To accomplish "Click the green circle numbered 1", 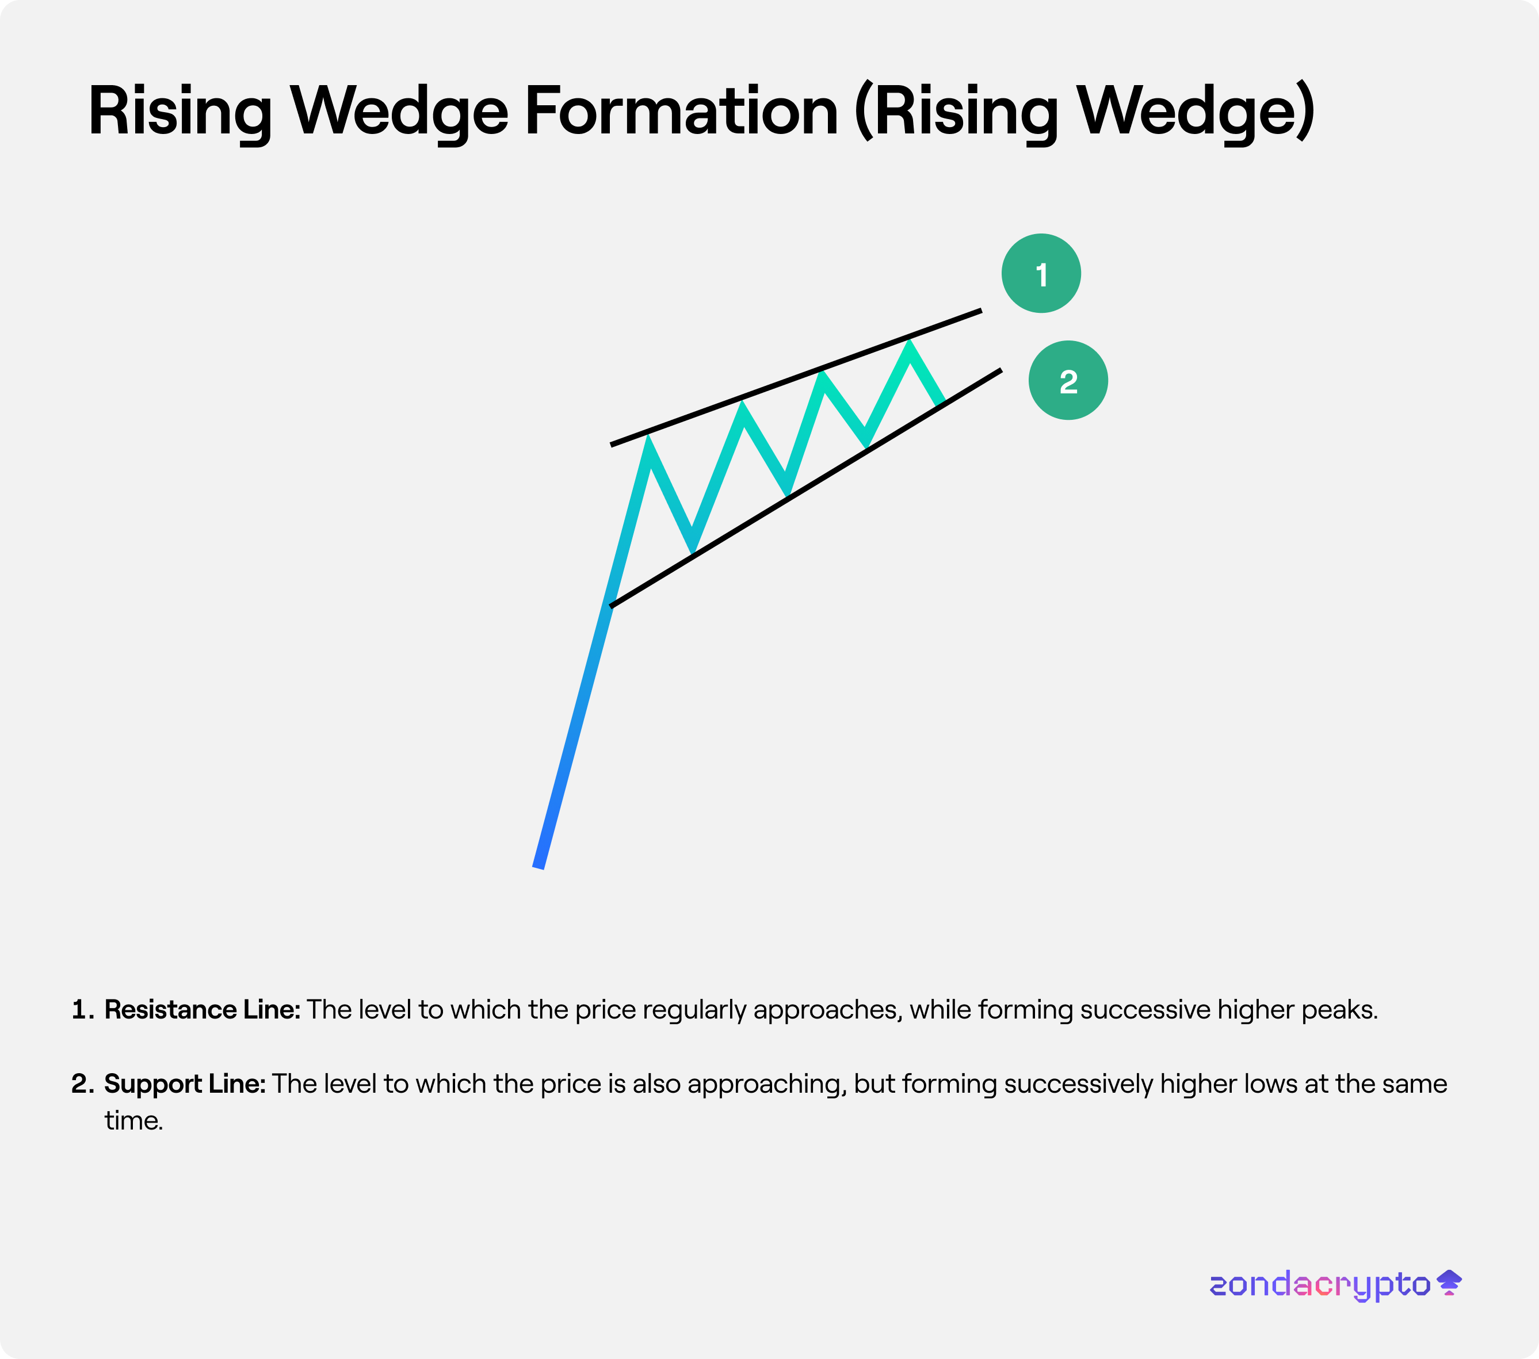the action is point(1041,273).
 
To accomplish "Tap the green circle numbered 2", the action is point(1068,380).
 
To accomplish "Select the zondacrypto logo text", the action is point(1319,1284).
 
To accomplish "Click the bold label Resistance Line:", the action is point(202,1009).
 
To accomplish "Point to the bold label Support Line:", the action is point(185,1084).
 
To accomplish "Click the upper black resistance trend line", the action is point(796,377).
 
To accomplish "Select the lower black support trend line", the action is point(805,488).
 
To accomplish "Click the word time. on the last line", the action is point(134,1120).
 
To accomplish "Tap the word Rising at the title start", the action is point(180,112).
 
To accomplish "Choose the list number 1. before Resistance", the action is point(83,1010).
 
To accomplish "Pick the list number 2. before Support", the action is point(83,1084).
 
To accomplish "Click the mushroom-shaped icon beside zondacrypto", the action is point(1449,1283).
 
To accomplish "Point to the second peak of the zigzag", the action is point(742,408).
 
